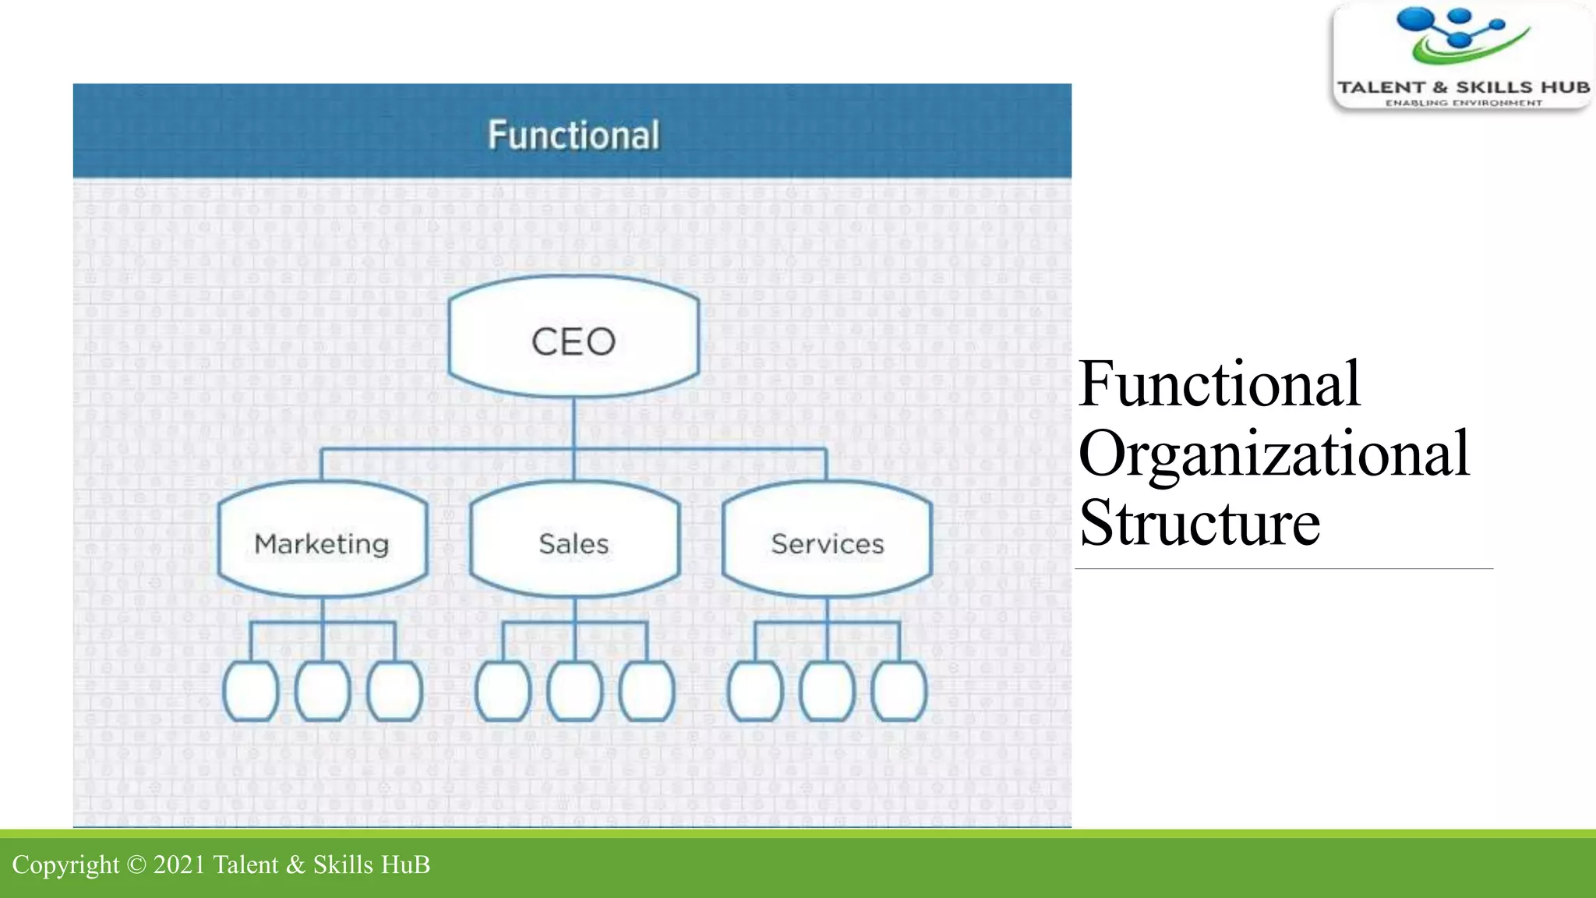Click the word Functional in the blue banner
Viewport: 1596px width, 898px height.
click(574, 135)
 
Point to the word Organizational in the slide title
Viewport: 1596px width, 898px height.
click(1273, 454)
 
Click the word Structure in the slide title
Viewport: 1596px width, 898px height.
click(1199, 523)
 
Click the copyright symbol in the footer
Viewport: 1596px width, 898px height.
click(136, 864)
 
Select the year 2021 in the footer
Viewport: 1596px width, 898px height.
click(179, 864)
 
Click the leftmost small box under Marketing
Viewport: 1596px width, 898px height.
click(251, 691)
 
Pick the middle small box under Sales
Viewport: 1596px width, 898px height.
click(575, 691)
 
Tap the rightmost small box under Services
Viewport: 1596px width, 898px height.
click(899, 691)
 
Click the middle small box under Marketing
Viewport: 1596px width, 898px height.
click(323, 691)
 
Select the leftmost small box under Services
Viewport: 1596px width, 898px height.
click(755, 691)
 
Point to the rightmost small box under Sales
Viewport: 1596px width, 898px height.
click(647, 691)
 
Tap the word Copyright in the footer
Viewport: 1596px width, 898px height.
click(65, 864)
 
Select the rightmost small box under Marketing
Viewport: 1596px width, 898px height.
click(394, 691)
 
